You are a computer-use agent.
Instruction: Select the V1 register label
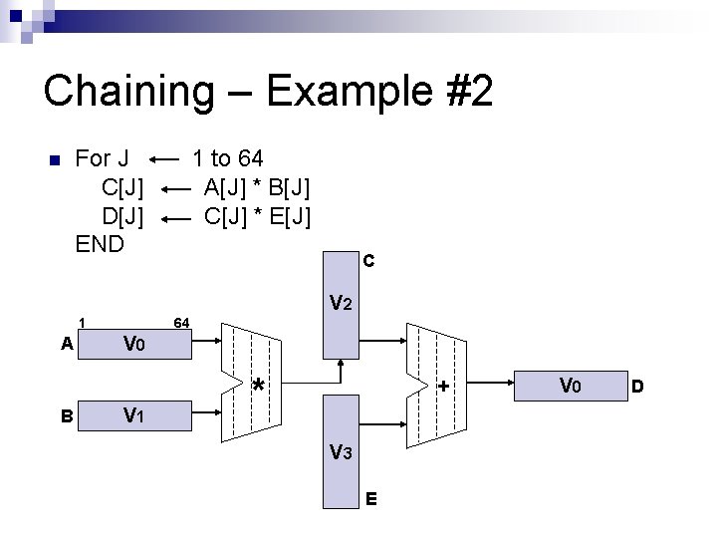click(135, 414)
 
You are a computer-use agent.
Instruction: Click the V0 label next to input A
click(134, 345)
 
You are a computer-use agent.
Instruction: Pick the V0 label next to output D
click(570, 385)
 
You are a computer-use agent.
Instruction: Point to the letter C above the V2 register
click(368, 262)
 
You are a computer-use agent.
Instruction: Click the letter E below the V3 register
click(370, 498)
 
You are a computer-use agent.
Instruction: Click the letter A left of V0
click(67, 345)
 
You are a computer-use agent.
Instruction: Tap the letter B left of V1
click(67, 415)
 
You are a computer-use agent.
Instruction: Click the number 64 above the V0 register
click(182, 322)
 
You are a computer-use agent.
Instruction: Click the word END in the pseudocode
click(101, 242)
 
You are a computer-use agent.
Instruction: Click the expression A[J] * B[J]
click(256, 186)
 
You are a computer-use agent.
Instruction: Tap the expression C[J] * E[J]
click(256, 214)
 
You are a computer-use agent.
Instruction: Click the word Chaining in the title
click(127, 92)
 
